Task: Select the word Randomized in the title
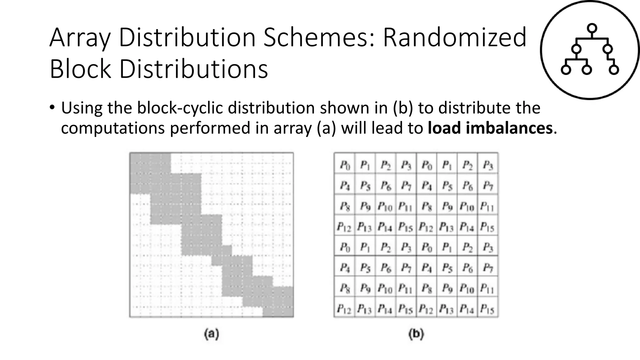point(455,37)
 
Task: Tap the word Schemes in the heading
point(318,37)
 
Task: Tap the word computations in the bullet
point(112,128)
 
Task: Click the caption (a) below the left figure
point(211,334)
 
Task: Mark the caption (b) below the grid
point(416,334)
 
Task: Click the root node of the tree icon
point(592,28)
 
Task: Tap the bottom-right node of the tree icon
point(614,70)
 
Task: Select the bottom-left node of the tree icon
point(566,70)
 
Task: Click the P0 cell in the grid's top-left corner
point(344,165)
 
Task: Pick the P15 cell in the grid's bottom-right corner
point(487,309)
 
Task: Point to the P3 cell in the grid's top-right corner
point(487,165)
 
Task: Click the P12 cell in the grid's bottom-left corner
point(344,309)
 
